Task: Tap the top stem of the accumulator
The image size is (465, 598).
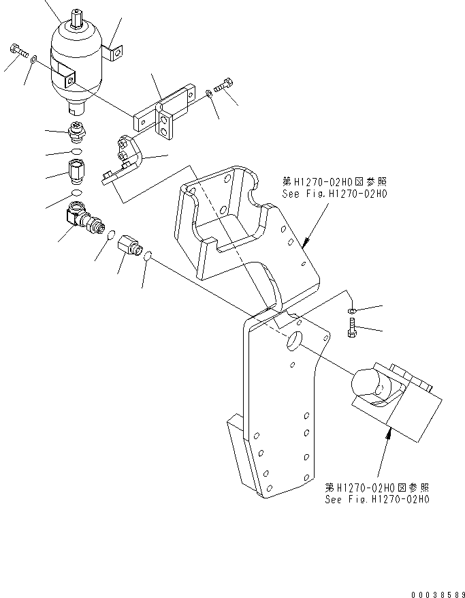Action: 78,18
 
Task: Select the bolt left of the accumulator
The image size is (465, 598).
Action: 18,50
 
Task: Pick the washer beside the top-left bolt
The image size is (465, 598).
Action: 33,60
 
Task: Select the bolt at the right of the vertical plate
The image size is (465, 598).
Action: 353,328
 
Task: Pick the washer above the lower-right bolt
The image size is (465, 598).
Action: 351,311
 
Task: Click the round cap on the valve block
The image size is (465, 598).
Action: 371,386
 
